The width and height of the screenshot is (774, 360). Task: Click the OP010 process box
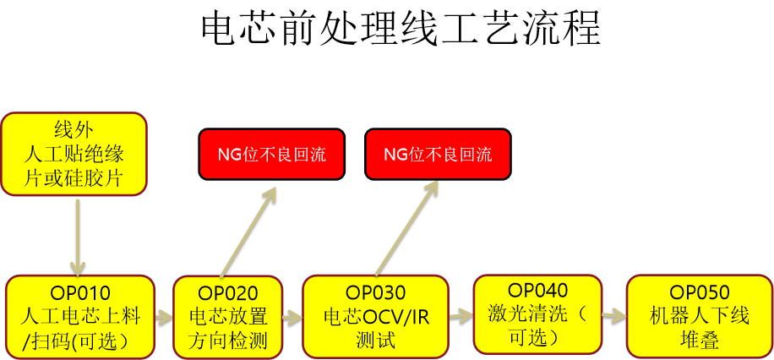point(80,317)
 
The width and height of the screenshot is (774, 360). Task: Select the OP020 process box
point(227,317)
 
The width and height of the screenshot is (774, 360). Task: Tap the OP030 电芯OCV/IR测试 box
point(375,317)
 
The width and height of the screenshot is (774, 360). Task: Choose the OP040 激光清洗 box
point(537,314)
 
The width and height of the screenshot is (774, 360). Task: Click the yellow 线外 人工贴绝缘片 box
point(74,154)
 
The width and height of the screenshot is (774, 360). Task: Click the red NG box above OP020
point(271,154)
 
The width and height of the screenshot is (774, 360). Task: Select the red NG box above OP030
point(438,154)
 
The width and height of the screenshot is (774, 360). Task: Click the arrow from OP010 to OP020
point(164,317)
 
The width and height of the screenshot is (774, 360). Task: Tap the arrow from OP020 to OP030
point(292,317)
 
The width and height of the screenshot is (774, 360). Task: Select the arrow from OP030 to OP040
point(461,315)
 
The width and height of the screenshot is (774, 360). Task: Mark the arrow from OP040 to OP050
point(613,315)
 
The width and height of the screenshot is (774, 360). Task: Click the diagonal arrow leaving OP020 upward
point(248,231)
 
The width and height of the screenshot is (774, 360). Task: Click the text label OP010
point(80,294)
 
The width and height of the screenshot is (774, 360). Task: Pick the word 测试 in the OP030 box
point(375,339)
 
